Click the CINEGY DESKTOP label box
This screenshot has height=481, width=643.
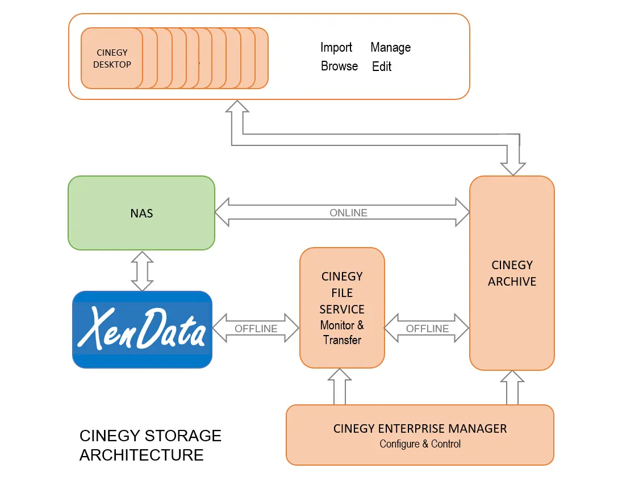click(112, 58)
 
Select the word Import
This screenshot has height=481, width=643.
click(336, 48)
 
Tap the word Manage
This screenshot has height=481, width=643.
click(390, 48)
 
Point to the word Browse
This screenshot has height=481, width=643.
click(339, 66)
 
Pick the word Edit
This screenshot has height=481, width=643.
click(382, 66)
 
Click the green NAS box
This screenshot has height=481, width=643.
click(141, 213)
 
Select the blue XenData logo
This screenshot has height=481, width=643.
click(142, 329)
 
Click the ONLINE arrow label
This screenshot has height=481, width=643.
click(348, 213)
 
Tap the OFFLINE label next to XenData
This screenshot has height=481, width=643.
click(256, 329)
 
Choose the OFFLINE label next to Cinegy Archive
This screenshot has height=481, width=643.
click(427, 329)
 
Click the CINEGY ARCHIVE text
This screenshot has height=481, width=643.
click(512, 273)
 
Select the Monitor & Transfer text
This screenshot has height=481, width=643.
click(342, 333)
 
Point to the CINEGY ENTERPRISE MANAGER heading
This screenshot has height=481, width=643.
click(420, 429)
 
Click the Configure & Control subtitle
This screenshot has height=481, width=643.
click(420, 444)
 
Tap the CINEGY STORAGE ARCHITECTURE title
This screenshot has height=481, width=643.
click(150, 445)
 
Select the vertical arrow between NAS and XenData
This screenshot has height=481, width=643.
click(142, 270)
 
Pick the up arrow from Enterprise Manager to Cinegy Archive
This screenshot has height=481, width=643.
click(512, 388)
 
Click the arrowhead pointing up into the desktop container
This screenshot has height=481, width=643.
click(237, 108)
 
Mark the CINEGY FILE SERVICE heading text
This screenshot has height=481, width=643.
click(342, 293)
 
